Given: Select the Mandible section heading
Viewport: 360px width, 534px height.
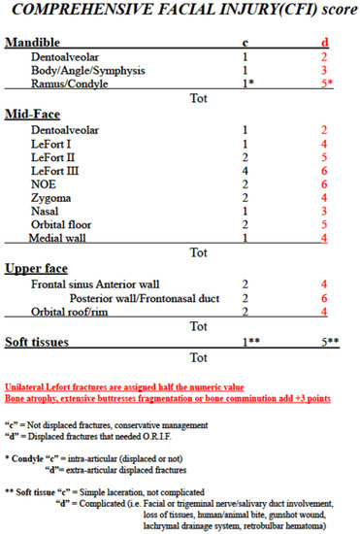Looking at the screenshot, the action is [x=33, y=44].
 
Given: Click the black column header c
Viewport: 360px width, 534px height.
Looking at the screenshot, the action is [x=245, y=44].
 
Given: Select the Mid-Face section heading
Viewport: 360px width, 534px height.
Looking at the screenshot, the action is [x=32, y=115].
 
